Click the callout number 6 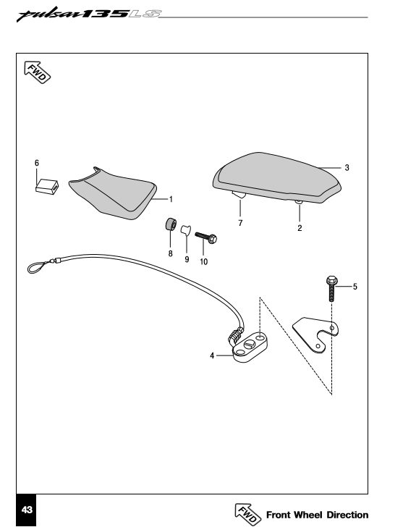pyautogui.click(x=36, y=164)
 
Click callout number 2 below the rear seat pyautogui.click(x=300, y=227)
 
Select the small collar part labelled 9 pyautogui.click(x=184, y=232)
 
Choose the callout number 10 pyautogui.click(x=203, y=261)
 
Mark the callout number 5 pyautogui.click(x=355, y=287)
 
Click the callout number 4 pyautogui.click(x=212, y=355)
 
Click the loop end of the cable pyautogui.click(x=37, y=269)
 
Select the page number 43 pyautogui.click(x=27, y=510)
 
